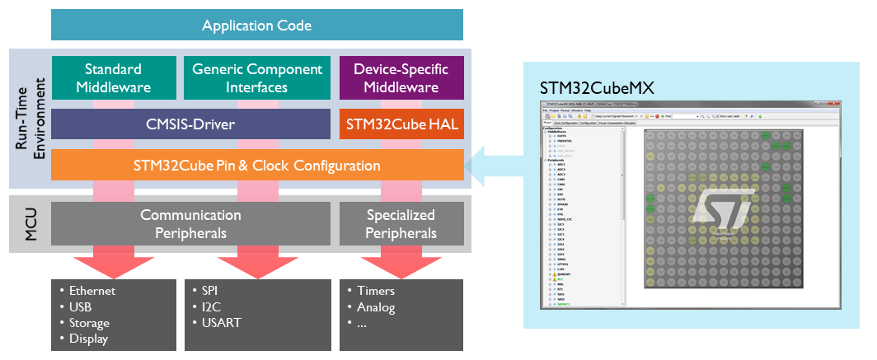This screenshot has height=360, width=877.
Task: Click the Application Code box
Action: point(257,26)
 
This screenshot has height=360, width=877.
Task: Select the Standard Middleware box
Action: point(113,78)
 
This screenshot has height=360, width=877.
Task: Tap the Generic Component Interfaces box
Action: point(257,78)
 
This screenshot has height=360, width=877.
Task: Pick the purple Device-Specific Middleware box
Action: point(401,78)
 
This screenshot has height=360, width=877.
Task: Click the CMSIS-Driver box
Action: point(190,124)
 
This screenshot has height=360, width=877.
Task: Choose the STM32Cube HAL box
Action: point(401,124)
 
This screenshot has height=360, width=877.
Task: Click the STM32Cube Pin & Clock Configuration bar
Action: point(257,165)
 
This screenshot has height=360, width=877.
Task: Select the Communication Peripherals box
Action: point(190,223)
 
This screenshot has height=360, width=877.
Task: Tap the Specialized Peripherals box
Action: point(401,223)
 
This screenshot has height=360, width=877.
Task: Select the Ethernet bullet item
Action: point(92,291)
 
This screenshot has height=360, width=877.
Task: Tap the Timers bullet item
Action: point(375,291)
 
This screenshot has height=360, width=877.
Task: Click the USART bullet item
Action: point(221,323)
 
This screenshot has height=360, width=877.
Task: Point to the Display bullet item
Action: point(88,339)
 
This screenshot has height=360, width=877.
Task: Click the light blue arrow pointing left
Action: point(495,165)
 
